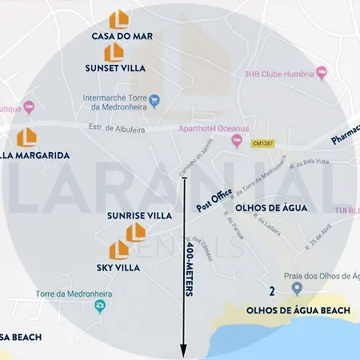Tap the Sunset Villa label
click(115, 68)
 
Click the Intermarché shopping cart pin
click(155, 100)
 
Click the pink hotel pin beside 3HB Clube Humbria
click(322, 73)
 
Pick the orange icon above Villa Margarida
click(26, 136)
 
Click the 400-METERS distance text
click(190, 269)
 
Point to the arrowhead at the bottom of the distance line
click(183, 350)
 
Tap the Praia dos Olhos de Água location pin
click(296, 288)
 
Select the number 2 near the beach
click(273, 291)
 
